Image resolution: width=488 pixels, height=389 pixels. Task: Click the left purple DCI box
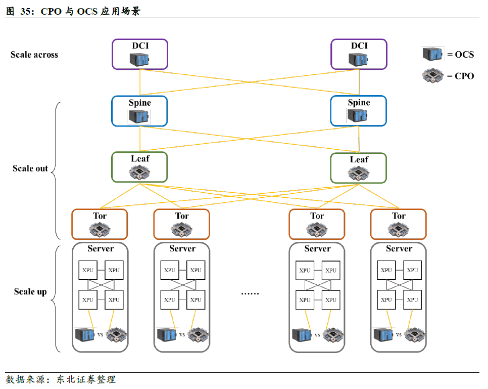139,54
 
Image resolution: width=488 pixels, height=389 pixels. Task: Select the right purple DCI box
359,54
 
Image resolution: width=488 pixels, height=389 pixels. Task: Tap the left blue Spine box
139,111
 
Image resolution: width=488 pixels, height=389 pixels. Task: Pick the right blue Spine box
359,111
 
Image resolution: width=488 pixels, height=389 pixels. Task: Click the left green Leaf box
139,167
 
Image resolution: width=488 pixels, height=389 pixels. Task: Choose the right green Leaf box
359,168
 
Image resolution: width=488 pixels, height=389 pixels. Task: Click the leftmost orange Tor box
100,224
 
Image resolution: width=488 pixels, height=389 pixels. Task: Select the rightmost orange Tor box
399,224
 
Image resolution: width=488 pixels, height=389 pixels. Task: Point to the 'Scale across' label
34,55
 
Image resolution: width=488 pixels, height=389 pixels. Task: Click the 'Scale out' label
30,168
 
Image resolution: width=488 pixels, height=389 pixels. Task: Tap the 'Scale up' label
30,292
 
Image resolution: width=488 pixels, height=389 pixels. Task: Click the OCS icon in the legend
433,55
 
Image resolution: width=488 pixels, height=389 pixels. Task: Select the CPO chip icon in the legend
433,76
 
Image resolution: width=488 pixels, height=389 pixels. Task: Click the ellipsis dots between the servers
250,293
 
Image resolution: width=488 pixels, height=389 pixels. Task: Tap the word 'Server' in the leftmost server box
101,249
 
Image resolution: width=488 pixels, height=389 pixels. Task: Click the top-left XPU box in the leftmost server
88,270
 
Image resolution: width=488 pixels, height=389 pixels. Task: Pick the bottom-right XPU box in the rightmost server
413,300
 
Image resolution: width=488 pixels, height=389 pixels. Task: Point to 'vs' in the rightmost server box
399,335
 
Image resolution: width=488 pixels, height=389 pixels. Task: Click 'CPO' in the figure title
51,12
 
